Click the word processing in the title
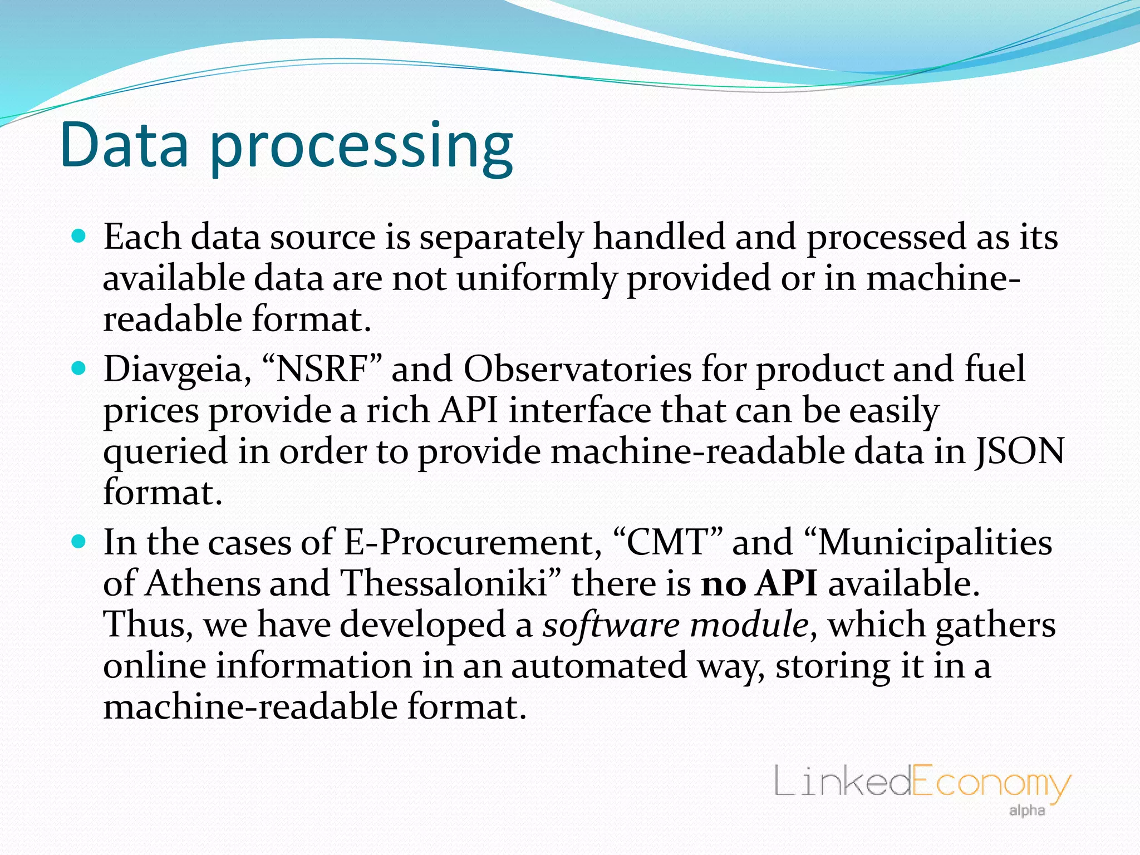click(361, 148)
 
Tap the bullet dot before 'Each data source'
click(79, 237)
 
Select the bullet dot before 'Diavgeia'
click(79, 368)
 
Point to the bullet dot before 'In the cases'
click(79, 542)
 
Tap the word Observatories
click(577, 369)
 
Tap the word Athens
click(203, 583)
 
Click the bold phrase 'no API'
click(759, 583)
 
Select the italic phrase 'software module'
click(675, 625)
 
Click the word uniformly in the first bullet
click(536, 278)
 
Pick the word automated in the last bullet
click(599, 666)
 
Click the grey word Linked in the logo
click(843, 782)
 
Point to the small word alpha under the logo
click(1027, 810)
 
